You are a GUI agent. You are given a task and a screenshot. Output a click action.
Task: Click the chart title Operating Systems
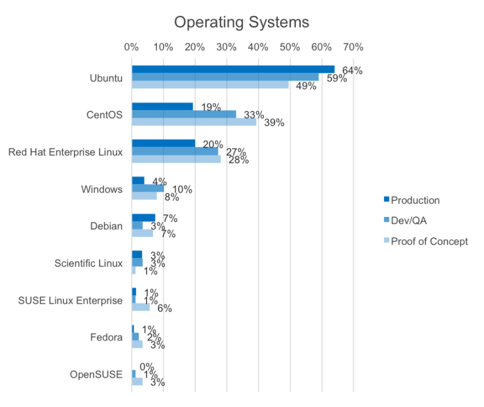pos(242,23)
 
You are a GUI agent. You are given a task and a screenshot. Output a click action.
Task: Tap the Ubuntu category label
pos(106,78)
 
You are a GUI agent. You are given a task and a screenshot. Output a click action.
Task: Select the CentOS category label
pos(106,115)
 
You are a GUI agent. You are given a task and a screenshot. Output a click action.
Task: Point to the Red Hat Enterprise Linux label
pos(65,152)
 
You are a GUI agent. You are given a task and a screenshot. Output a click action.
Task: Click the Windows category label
pos(103,189)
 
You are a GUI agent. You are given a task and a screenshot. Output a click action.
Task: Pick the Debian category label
pos(106,226)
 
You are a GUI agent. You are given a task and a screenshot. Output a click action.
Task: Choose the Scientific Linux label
pos(88,263)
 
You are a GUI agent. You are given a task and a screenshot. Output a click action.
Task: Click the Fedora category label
pos(107,337)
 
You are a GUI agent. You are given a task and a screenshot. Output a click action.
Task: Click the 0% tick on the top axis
pos(132,46)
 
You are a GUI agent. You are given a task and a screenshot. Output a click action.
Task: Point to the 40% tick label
pos(258,46)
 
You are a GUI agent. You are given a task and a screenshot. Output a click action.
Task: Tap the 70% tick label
pos(353,46)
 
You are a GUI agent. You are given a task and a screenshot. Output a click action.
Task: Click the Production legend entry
pos(415,200)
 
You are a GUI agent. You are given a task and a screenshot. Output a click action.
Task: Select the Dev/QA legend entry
pos(408,221)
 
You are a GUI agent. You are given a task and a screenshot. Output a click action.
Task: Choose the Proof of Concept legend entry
pos(429,241)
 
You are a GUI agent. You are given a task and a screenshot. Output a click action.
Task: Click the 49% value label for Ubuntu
pos(305,86)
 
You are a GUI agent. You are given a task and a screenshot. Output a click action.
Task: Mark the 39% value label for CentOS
pos(274,123)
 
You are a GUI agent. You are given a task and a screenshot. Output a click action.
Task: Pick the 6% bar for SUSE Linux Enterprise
pos(141,307)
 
